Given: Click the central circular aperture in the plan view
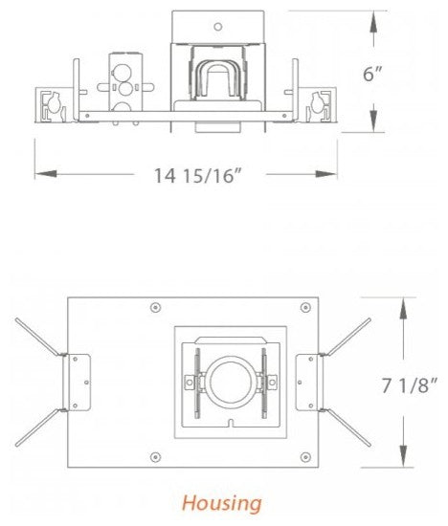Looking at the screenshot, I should pyautogui.click(x=230, y=381).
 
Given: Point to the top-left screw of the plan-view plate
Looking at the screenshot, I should pyautogui.click(x=155, y=308).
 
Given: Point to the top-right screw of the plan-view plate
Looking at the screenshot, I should pyautogui.click(x=304, y=307).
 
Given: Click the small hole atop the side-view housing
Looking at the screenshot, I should pyautogui.click(x=218, y=27).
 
